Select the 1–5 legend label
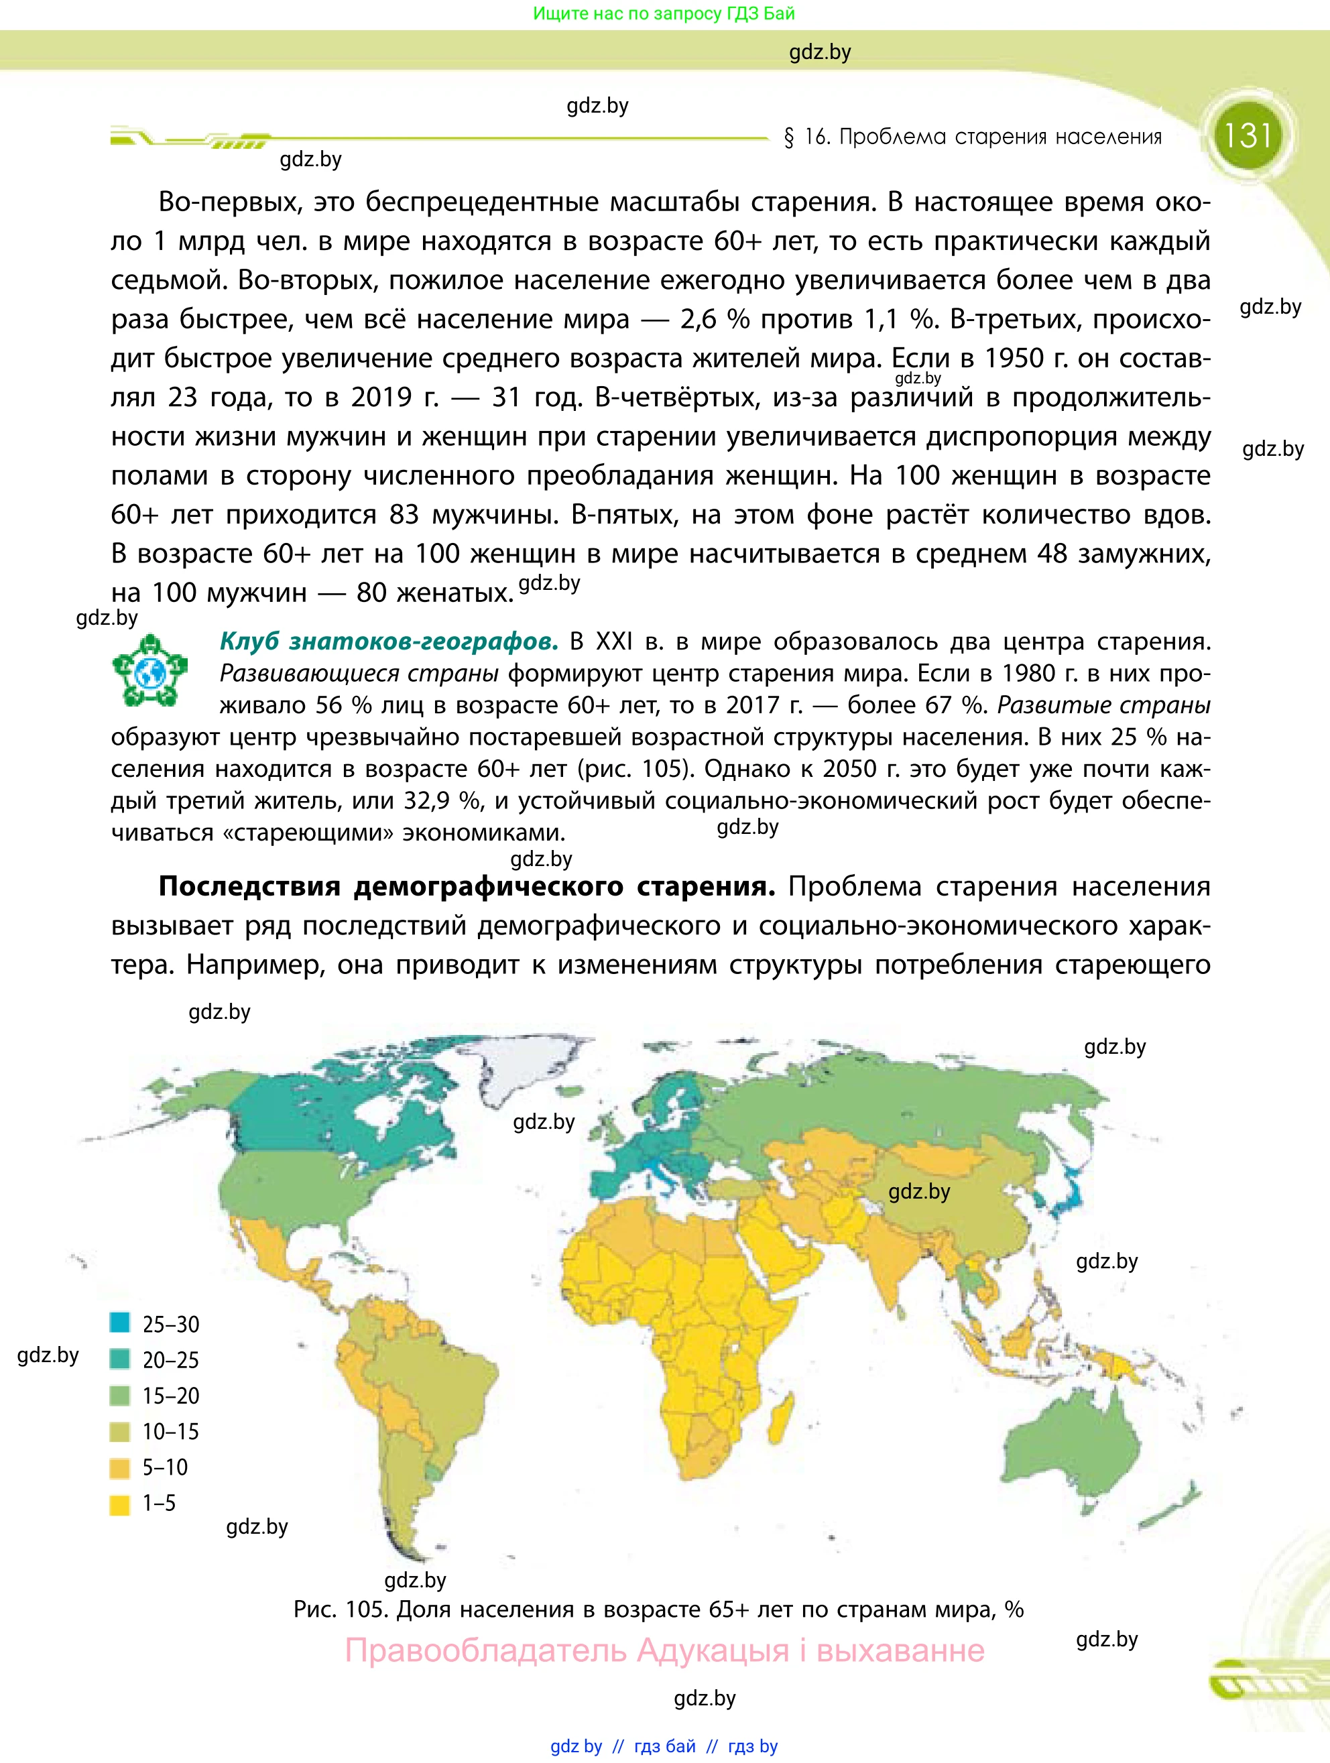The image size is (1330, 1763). coord(159,1503)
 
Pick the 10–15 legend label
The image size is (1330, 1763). coord(170,1431)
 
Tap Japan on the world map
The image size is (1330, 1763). coord(1068,1195)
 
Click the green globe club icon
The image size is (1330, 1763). coord(149,671)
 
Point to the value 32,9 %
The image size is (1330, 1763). coord(438,800)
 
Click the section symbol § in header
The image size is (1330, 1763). coord(789,138)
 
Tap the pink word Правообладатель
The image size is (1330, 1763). coord(485,1650)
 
